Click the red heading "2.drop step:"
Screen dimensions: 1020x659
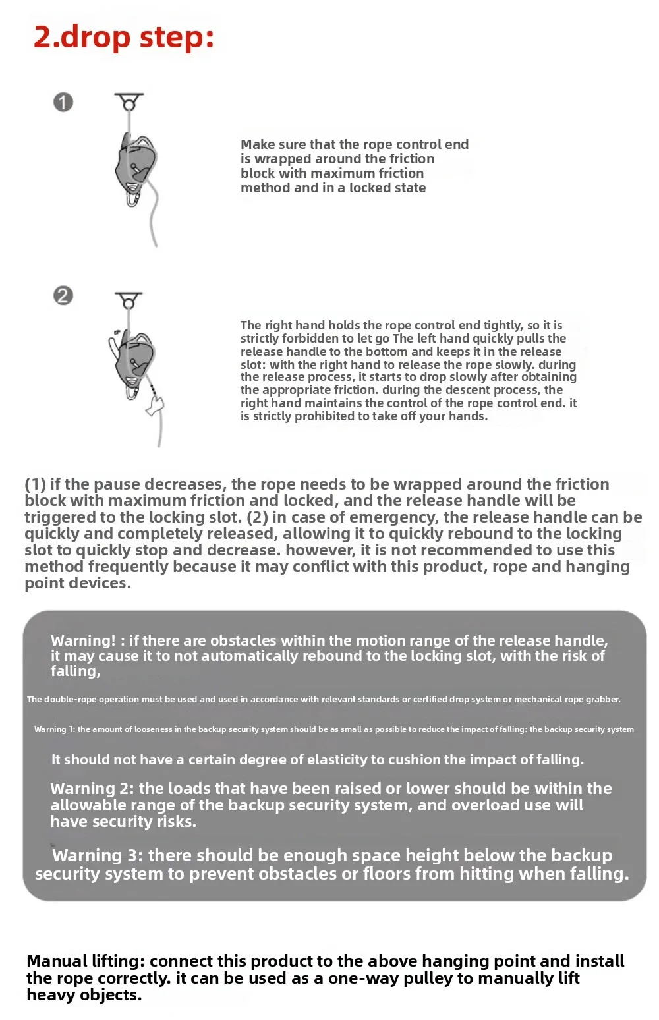[x=124, y=38]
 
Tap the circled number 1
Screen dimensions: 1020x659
[x=63, y=102]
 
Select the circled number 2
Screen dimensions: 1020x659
[x=63, y=296]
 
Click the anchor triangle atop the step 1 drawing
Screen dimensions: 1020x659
[x=129, y=101]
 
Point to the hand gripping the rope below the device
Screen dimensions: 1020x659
[x=155, y=404]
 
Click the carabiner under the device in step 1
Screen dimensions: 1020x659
[x=132, y=196]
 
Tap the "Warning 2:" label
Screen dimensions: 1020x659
[x=92, y=789]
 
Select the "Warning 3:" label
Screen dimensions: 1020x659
[x=98, y=855]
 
